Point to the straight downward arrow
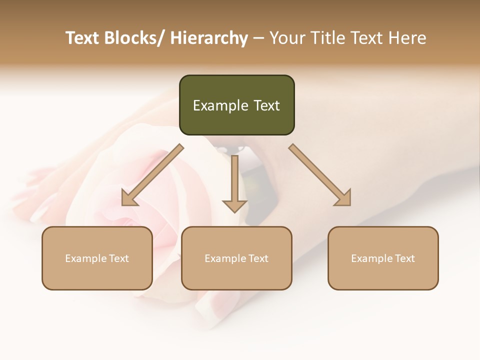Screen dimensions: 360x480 234,182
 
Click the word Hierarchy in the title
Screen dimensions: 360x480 209,38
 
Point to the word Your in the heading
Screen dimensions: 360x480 287,38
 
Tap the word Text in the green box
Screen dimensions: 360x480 267,105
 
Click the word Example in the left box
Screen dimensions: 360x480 84,258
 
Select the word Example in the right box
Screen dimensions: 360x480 370,258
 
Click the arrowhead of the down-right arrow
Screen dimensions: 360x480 344,199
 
